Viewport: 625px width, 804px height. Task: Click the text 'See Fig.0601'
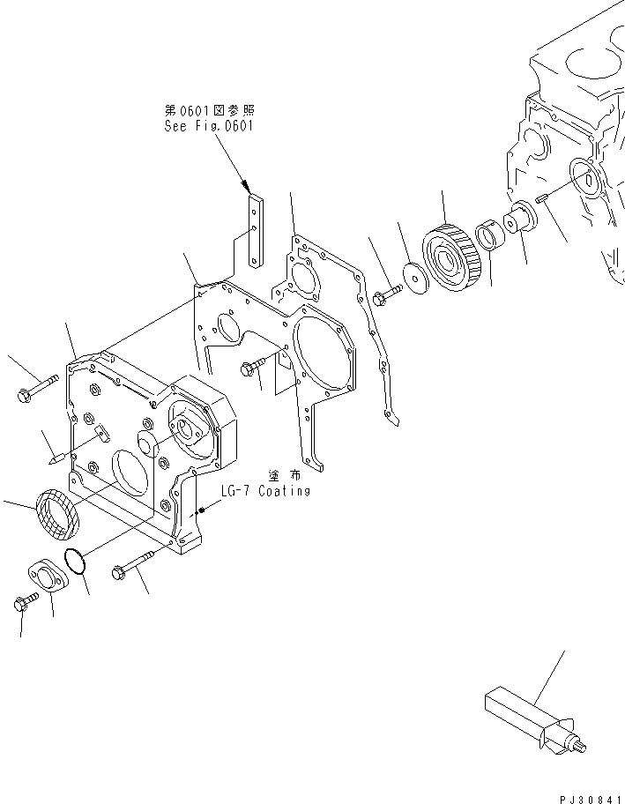point(208,126)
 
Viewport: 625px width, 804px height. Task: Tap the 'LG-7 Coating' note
point(267,491)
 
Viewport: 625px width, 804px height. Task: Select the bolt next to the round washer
point(386,296)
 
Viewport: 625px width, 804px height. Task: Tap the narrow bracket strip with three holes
point(256,230)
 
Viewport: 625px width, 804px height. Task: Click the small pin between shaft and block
point(541,200)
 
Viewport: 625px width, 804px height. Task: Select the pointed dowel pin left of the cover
point(55,458)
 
